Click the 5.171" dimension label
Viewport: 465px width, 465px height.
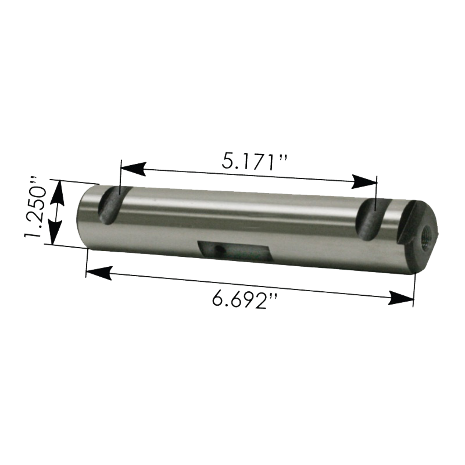(254, 162)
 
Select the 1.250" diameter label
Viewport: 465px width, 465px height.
(36, 208)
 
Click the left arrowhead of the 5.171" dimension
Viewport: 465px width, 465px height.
(134, 169)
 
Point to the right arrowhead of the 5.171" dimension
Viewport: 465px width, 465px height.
(364, 181)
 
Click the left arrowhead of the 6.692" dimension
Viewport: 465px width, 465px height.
(99, 273)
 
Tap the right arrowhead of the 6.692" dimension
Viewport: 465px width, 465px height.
(400, 298)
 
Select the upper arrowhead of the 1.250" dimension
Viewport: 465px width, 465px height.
(56, 192)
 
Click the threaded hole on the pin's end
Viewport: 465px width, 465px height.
(427, 231)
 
